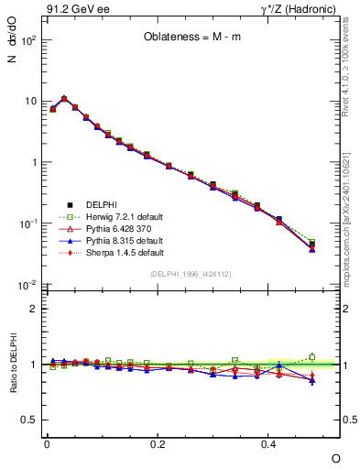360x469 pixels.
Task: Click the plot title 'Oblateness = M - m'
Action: tap(191, 38)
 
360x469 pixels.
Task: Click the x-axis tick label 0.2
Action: tap(158, 443)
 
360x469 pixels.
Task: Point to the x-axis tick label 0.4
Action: tap(269, 443)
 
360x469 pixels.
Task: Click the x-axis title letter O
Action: tap(335, 456)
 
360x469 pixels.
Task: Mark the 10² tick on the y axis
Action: tap(29, 39)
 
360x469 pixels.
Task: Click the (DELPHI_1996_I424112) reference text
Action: tap(191, 274)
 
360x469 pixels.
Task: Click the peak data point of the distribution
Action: tap(64, 98)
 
